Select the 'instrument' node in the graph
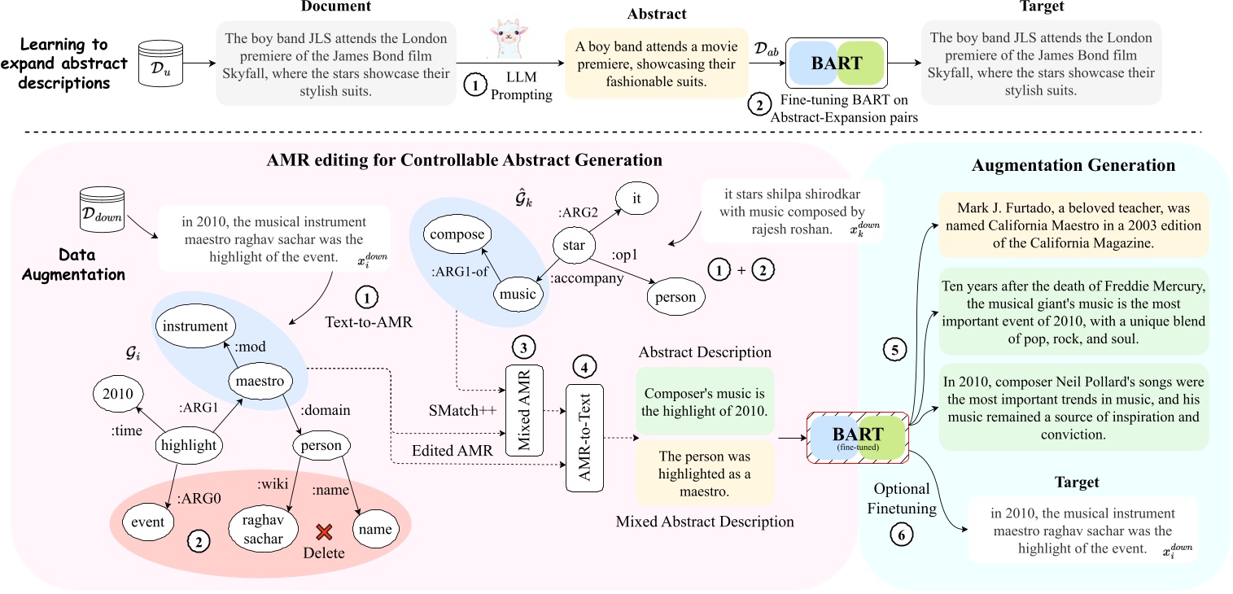[195, 326]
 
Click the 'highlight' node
[189, 445]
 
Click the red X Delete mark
[325, 533]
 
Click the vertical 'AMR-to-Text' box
[585, 438]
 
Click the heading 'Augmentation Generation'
[1073, 165]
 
